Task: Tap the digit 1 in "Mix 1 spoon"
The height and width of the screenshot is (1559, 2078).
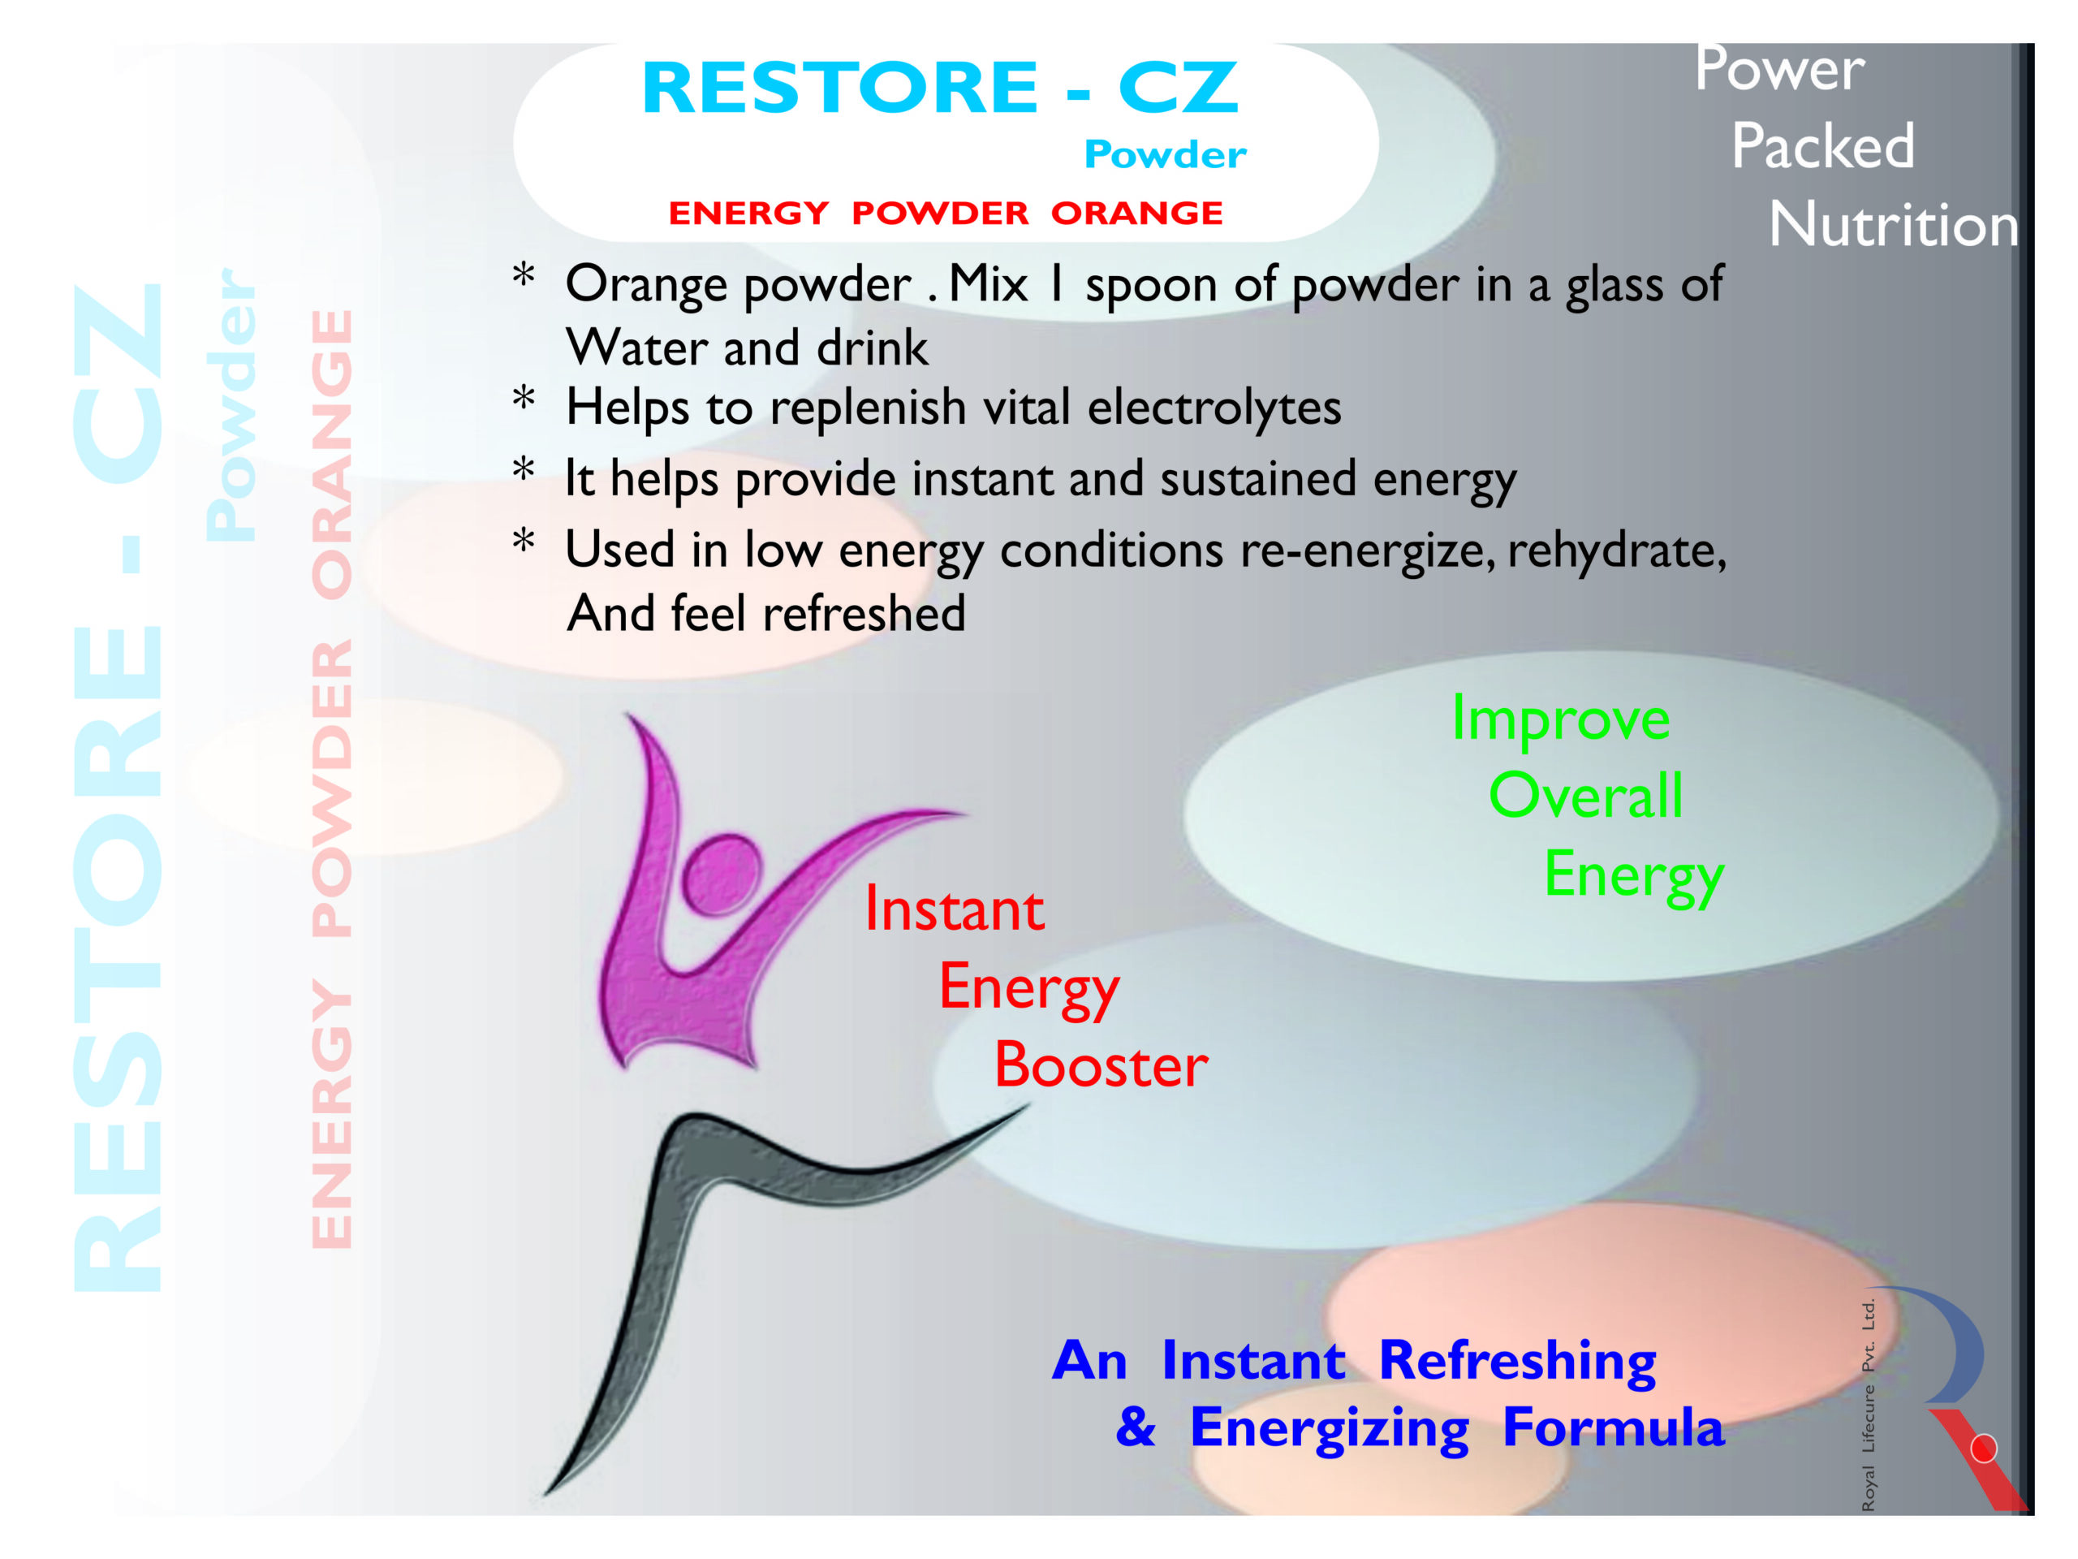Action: pos(1057,284)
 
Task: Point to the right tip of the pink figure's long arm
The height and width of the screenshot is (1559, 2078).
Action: pos(968,814)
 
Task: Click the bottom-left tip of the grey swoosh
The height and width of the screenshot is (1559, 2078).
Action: pos(545,1494)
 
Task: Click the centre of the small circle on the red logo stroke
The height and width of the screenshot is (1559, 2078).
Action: pos(1984,1449)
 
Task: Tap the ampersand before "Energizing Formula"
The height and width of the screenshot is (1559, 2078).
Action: pos(1136,1428)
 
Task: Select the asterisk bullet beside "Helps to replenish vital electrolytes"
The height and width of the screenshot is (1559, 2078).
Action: pos(524,398)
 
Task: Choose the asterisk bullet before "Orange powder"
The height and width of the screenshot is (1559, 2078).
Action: pos(524,275)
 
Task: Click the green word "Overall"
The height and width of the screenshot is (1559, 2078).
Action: pos(1586,796)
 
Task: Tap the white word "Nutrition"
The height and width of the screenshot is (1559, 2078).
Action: pos(1894,226)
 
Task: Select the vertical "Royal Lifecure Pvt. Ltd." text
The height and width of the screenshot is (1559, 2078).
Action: pos(1869,1405)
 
